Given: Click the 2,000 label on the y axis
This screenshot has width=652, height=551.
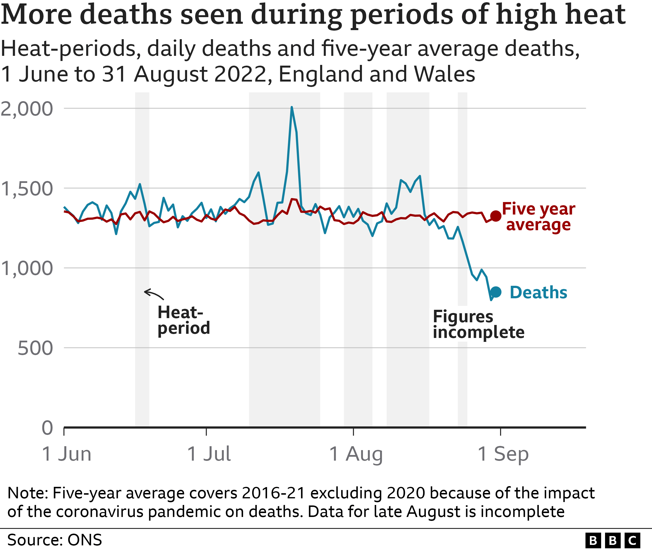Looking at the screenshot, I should (27, 109).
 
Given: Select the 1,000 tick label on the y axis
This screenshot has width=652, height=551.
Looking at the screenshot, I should (27, 268).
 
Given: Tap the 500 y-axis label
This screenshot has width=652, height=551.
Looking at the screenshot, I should (35, 348).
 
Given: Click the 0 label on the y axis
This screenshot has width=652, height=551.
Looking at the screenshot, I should (47, 428).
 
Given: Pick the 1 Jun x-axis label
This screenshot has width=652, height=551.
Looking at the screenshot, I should (67, 454).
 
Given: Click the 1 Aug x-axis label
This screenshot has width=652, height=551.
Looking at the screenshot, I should (356, 454).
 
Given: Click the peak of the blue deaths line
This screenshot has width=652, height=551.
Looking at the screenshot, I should (292, 107).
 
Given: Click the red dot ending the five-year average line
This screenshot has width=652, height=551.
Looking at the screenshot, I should (496, 216).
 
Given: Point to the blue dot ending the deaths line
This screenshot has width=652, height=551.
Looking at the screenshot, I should (496, 292).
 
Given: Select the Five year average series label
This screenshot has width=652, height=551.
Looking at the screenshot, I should (539, 217).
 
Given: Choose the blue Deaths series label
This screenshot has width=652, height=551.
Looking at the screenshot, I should (539, 293).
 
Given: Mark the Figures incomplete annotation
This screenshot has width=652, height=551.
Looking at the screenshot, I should (479, 324).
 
